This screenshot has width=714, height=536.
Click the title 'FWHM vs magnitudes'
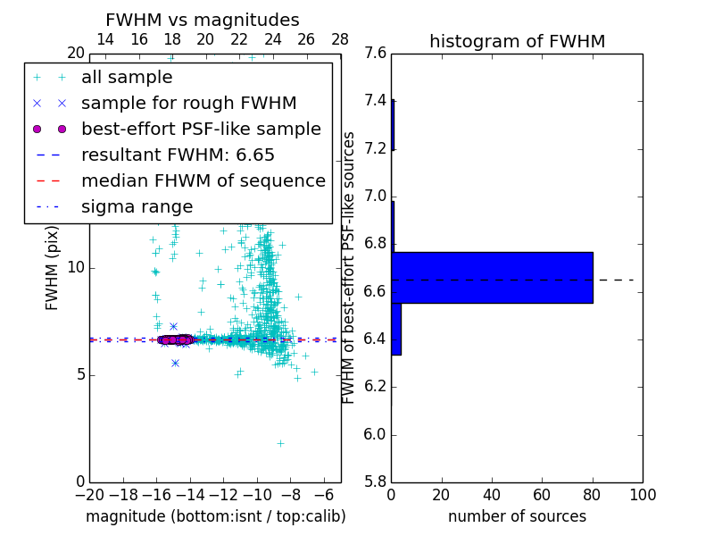pyautogui.click(x=203, y=20)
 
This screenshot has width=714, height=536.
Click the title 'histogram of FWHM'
pyautogui.click(x=517, y=41)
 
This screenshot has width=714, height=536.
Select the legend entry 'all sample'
pyautogui.click(x=127, y=78)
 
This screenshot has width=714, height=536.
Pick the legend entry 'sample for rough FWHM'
pyautogui.click(x=188, y=103)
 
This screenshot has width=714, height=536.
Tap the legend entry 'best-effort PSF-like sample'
pyautogui.click(x=201, y=129)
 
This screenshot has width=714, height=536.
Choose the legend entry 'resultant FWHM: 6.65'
pyautogui.click(x=178, y=155)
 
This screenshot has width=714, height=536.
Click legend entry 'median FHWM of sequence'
pyautogui.click(x=203, y=180)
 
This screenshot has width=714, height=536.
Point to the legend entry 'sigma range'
pyautogui.click(x=137, y=206)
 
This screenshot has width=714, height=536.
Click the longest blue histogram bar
pyautogui.click(x=492, y=277)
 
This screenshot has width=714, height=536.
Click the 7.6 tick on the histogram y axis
pyautogui.click(x=375, y=54)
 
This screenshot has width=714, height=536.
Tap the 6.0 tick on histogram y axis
pyautogui.click(x=375, y=435)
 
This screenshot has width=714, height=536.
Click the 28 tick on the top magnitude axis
pyautogui.click(x=340, y=39)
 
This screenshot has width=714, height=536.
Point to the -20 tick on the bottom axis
pyautogui.click(x=89, y=494)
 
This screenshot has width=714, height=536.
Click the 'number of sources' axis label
pyautogui.click(x=517, y=516)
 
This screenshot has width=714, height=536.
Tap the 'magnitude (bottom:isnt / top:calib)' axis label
pyautogui.click(x=215, y=516)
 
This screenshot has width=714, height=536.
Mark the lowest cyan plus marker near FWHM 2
pyautogui.click(x=280, y=443)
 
